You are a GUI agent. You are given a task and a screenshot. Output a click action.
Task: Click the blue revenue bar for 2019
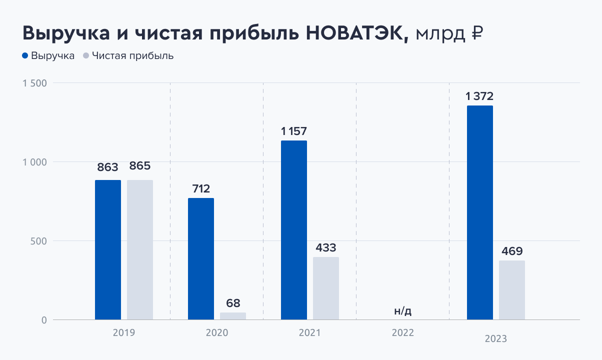[108, 250]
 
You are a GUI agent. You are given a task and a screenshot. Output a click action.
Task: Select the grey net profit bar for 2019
[140, 250]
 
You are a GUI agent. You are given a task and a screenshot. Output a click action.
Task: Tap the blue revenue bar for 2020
[201, 259]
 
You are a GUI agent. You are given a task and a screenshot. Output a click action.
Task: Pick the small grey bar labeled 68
[233, 316]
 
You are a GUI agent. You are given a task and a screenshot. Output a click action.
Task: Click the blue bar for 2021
[294, 230]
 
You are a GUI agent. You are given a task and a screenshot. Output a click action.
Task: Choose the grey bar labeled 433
[326, 288]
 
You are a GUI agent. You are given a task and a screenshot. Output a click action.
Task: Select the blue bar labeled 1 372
[480, 212]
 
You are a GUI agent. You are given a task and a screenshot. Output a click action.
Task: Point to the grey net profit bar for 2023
[512, 290]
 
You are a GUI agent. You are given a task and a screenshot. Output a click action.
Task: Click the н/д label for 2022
[402, 311]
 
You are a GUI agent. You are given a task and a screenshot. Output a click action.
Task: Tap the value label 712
[201, 189]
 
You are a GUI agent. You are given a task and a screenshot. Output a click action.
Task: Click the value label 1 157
[294, 131]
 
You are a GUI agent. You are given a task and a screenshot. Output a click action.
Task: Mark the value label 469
[512, 251]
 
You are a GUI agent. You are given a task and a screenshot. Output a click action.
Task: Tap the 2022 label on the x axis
[402, 333]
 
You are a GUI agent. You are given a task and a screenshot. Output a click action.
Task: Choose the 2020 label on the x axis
[217, 333]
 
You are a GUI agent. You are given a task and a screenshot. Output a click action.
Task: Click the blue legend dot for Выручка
[25, 56]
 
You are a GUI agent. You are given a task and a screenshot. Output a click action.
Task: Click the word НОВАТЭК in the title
[356, 34]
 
